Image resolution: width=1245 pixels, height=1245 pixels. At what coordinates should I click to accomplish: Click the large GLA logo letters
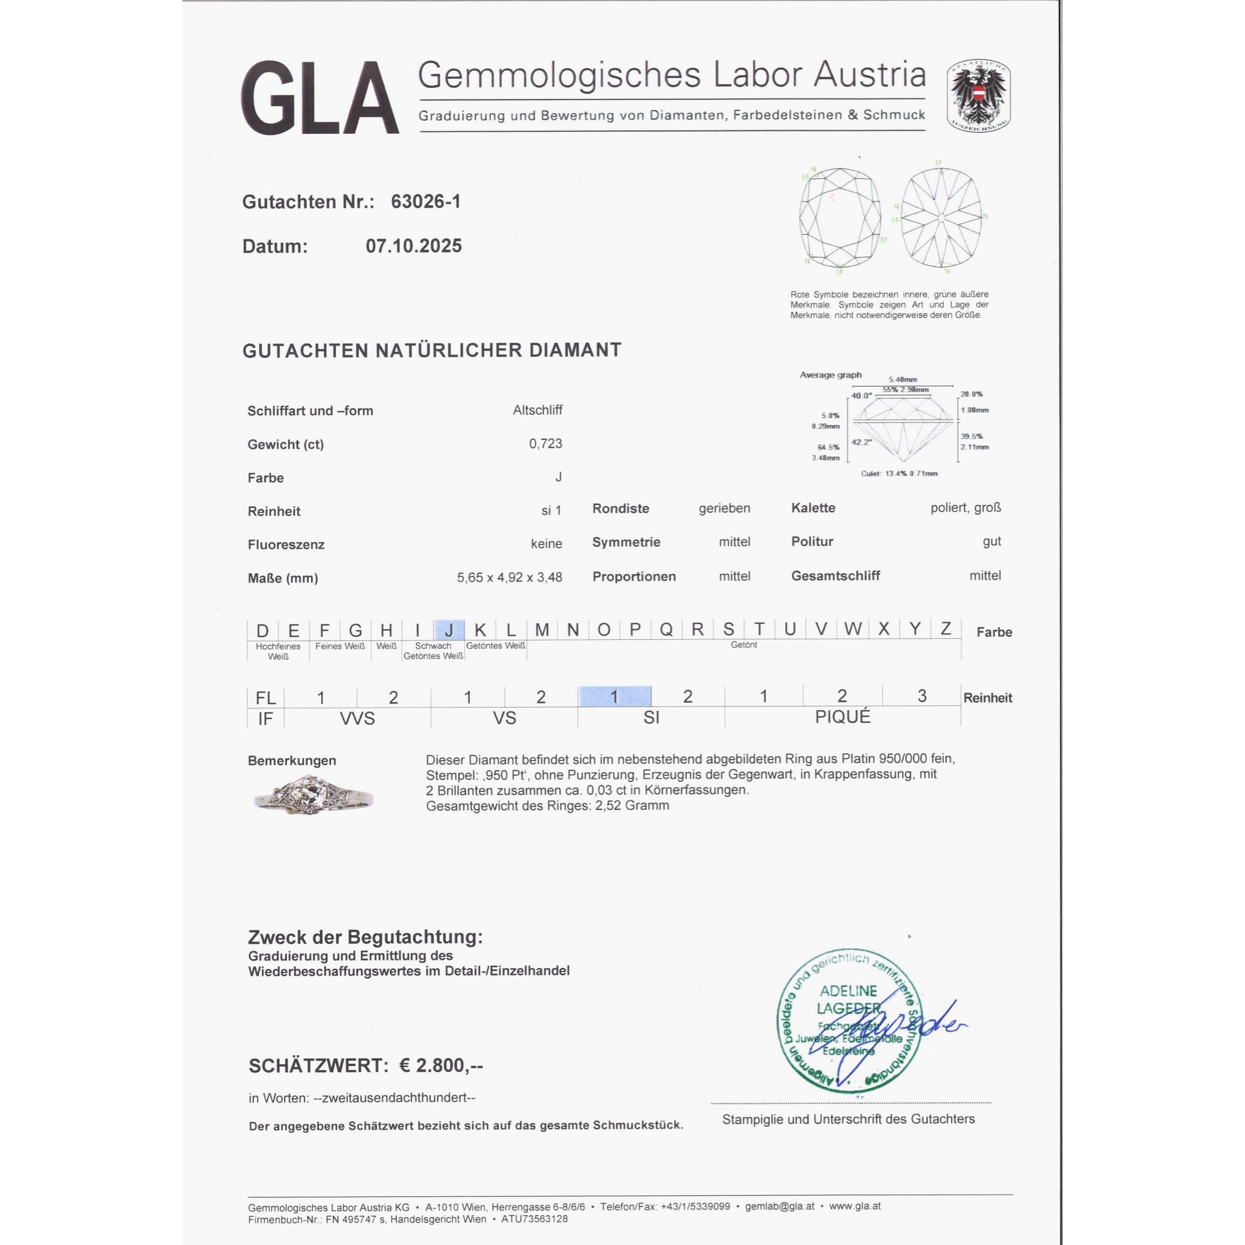319,98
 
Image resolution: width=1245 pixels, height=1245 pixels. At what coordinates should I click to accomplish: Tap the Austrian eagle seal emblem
977,96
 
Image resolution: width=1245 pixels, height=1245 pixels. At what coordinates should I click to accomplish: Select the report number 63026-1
425,202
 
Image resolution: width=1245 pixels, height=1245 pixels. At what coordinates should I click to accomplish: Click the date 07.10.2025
413,245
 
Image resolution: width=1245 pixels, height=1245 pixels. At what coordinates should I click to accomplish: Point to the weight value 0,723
545,443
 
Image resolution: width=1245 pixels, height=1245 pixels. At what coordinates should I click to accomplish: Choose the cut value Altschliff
537,410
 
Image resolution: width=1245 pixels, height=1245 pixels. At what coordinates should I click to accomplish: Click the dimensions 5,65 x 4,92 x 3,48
509,578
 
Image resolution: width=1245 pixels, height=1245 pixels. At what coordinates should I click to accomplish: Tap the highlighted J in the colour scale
449,629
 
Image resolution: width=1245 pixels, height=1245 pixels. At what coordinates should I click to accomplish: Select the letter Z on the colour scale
946,628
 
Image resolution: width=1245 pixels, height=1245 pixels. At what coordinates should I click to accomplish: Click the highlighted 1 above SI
614,697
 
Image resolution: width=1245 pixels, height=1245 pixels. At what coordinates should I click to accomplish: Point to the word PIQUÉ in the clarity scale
842,717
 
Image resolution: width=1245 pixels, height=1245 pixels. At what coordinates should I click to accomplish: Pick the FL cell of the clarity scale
266,698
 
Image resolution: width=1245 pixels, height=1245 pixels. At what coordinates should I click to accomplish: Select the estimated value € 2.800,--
441,1066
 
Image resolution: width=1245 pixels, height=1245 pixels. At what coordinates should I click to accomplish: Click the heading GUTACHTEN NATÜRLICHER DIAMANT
432,350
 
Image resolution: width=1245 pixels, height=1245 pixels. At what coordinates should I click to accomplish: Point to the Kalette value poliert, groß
965,508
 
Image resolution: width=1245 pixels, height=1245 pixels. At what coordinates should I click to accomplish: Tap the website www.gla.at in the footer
855,1206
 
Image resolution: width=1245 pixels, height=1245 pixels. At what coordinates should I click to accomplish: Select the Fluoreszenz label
286,545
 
